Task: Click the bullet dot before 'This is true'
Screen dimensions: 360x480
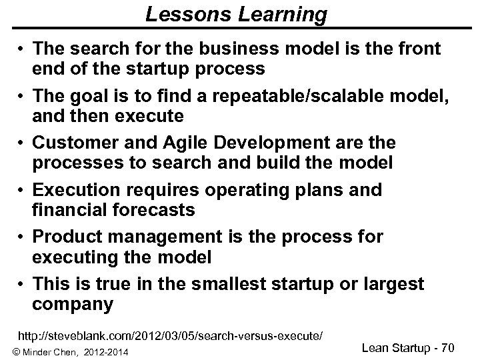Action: click(23, 285)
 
